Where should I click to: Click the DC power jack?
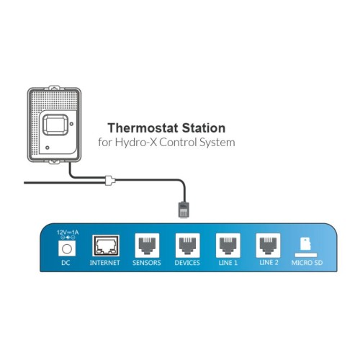pos(67,248)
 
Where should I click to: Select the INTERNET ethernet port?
pos(106,246)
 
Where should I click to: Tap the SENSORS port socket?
pos(147,246)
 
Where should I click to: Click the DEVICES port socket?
pos(187,246)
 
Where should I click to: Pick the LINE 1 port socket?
pos(228,246)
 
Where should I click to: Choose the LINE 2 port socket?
pos(268,246)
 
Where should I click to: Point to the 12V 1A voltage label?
pos(68,233)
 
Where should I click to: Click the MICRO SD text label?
pos(307,263)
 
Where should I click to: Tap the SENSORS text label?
pos(147,263)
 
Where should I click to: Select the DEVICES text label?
pos(187,263)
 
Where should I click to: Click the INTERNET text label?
pos(104,263)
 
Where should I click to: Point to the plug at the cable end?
pos(184,210)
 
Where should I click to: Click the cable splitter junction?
pos(110,181)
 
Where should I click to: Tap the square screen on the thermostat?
pos(55,125)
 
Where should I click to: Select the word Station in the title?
pos(204,128)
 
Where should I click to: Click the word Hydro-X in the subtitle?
pos(135,143)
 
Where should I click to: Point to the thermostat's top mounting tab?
pos(54,87)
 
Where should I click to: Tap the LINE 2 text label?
pos(269,263)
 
